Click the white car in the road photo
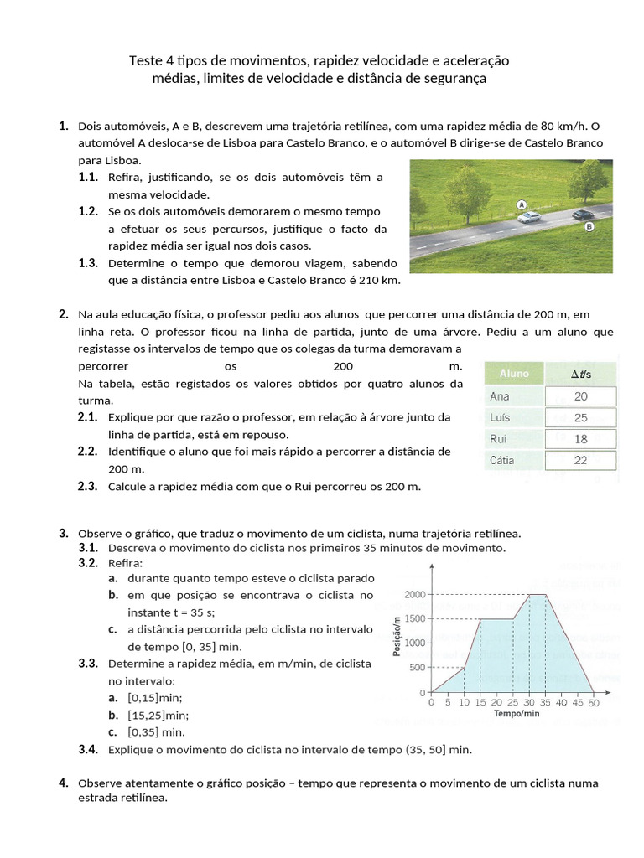pyautogui.click(x=530, y=217)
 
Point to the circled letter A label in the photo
pyautogui.click(x=522, y=204)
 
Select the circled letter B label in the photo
pyautogui.click(x=589, y=226)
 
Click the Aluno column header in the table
pyautogui.click(x=514, y=374)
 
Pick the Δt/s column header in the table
pyautogui.click(x=581, y=374)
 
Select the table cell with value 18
pyautogui.click(x=581, y=438)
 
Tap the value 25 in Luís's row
pyautogui.click(x=581, y=417)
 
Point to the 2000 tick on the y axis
pyautogui.click(x=413, y=594)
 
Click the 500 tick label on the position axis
pyautogui.click(x=417, y=668)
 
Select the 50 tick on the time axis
pyautogui.click(x=594, y=703)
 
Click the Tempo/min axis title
pyautogui.click(x=516, y=714)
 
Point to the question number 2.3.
pyautogui.click(x=88, y=486)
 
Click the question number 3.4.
pyautogui.click(x=88, y=749)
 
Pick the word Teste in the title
pyautogui.click(x=147, y=61)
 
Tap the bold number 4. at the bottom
pyautogui.click(x=64, y=783)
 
